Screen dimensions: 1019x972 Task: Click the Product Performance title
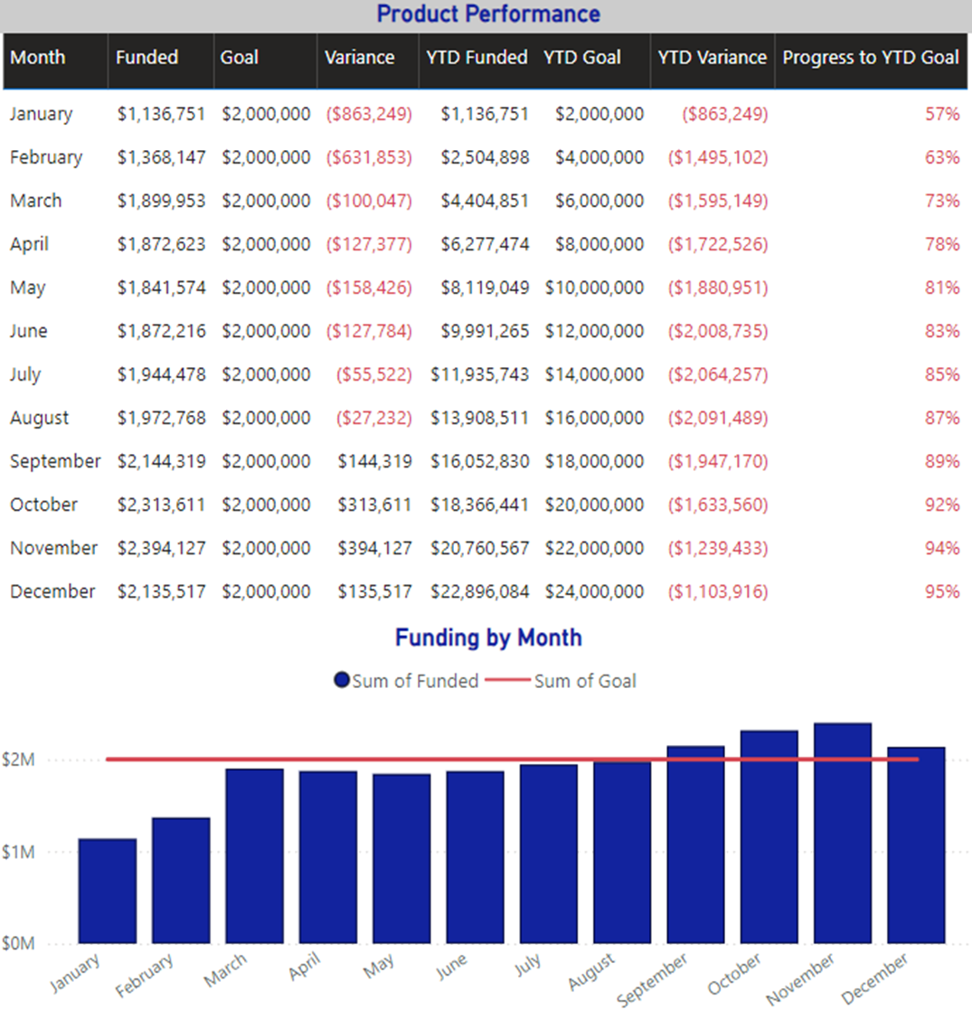(488, 14)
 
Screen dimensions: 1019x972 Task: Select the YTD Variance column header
(712, 57)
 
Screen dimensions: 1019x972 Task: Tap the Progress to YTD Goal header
(870, 57)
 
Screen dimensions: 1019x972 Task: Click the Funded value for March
(161, 201)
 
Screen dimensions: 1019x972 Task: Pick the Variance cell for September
(374, 461)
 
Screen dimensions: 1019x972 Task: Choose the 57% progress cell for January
(941, 114)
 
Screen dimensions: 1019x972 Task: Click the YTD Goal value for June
(594, 331)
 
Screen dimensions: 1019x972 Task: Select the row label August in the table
(40, 418)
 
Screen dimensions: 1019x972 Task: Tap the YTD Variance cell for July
(718, 374)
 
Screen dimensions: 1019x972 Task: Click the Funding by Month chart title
(488, 637)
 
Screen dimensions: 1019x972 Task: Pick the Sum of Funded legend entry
(406, 681)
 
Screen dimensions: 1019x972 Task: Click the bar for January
(108, 891)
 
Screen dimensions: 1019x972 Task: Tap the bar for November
(842, 832)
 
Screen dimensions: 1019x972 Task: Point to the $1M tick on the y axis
(19, 852)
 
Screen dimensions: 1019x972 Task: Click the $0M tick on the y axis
(19, 943)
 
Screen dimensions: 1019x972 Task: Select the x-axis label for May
(380, 967)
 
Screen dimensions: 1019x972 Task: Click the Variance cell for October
(374, 505)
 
